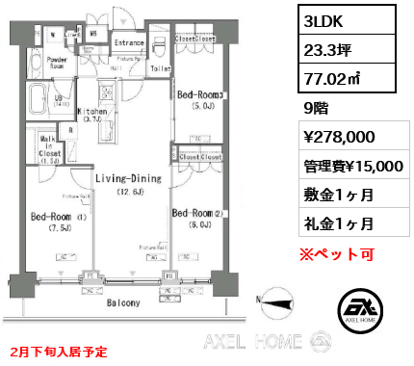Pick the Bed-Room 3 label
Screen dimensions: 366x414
pos(198,94)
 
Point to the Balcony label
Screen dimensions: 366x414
pos(121,302)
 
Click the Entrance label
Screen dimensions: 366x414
pos(129,43)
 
